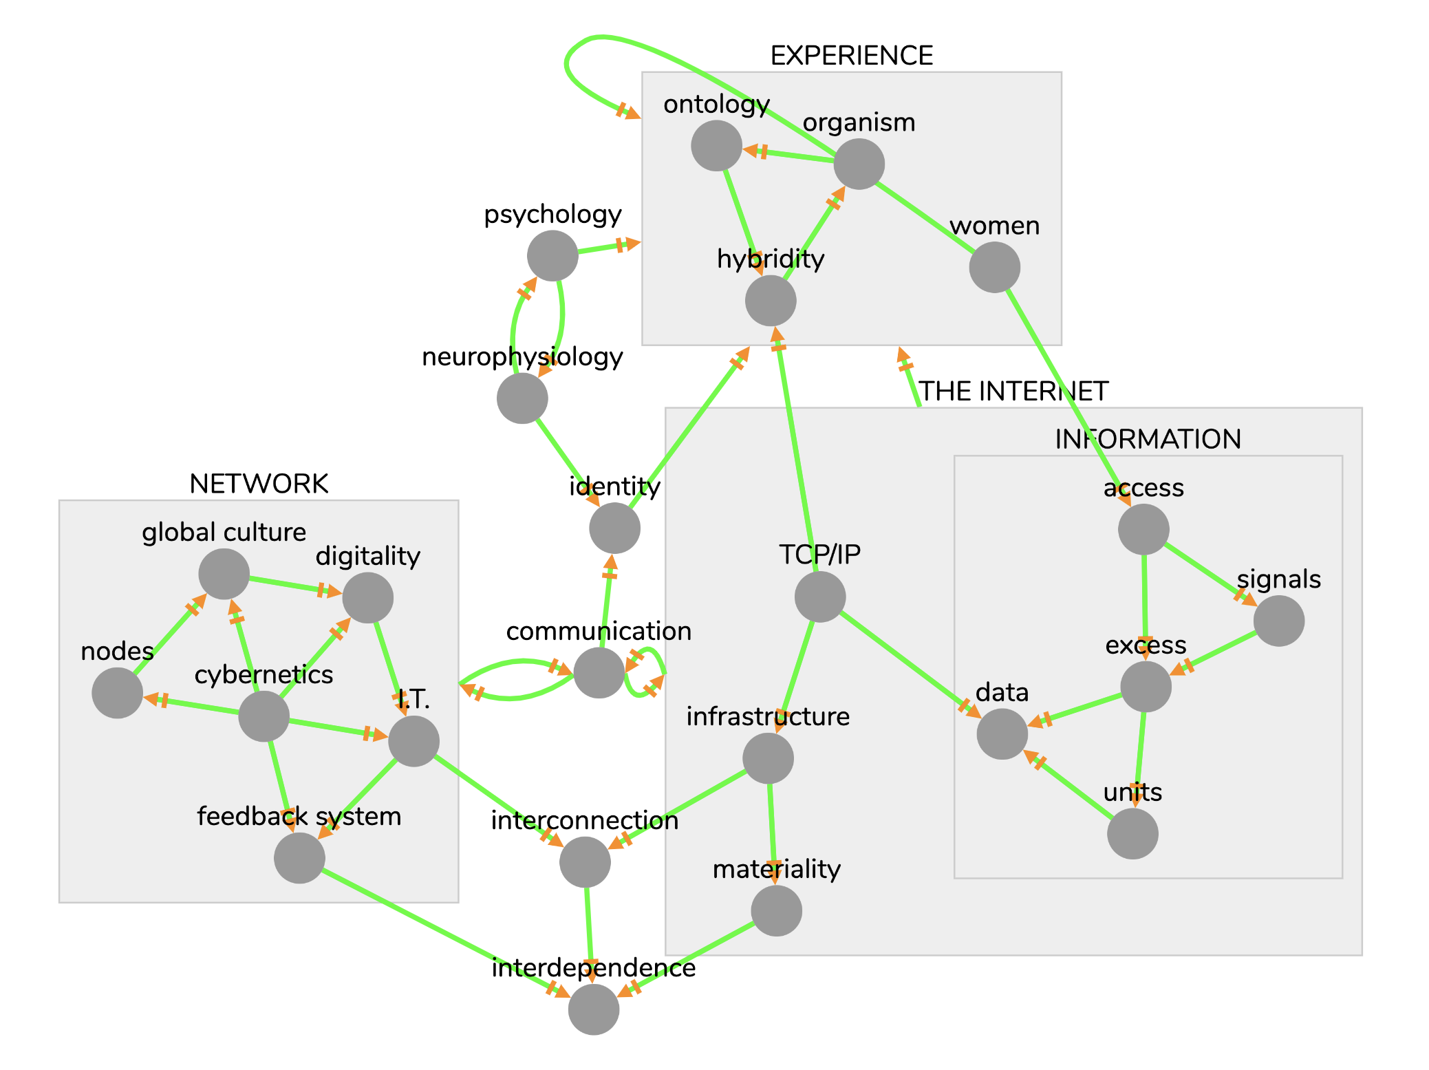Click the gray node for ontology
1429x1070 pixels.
716,146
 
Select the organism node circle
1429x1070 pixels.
859,164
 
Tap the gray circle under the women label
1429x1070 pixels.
994,267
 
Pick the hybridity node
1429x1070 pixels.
771,301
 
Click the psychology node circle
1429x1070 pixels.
552,255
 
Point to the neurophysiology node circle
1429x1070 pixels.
522,398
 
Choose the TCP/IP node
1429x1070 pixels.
820,597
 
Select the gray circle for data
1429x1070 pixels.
1002,734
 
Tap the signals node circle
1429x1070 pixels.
1278,621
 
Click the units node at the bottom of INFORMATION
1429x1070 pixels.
1132,833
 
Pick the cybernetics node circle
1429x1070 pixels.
264,716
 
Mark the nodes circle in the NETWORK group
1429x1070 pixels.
118,693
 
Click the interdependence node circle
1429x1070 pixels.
594,1009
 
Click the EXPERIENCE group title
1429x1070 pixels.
851,56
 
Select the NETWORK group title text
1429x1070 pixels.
259,484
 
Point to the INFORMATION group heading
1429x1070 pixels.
1148,439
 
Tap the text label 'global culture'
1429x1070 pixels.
224,532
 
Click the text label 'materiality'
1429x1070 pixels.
776,869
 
